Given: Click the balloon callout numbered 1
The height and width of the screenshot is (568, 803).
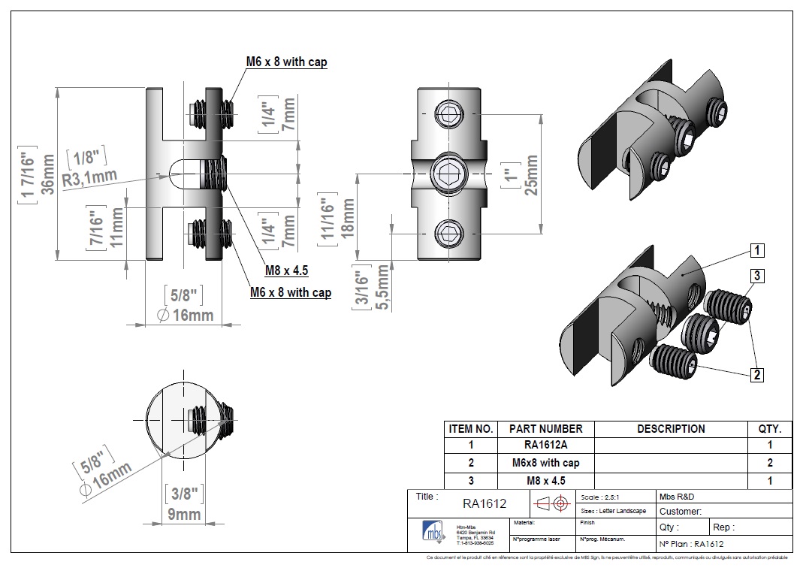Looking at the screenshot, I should point(758,249).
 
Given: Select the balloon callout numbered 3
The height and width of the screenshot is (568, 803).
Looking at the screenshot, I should point(758,276).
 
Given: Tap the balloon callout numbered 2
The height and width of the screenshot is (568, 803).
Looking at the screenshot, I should point(758,373).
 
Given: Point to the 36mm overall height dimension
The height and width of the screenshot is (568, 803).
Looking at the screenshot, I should point(47,174).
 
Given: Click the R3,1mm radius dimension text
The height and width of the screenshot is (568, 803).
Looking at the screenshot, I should point(89,178).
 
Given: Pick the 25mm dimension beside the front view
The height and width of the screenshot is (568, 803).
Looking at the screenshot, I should point(530,174).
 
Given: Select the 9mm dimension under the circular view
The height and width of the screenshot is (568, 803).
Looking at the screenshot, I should point(183,514).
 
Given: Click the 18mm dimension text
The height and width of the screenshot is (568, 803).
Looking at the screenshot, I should point(348,218).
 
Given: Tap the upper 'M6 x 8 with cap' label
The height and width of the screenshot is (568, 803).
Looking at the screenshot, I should point(287,62).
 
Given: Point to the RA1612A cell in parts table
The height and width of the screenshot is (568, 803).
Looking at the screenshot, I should point(545,446).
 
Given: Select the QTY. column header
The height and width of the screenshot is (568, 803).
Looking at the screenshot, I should point(770,429).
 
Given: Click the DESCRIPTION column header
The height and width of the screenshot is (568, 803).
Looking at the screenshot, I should point(671,429).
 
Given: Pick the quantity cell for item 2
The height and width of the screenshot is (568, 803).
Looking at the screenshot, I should point(770,463).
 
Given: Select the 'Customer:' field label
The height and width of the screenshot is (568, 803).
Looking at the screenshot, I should point(681,512).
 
